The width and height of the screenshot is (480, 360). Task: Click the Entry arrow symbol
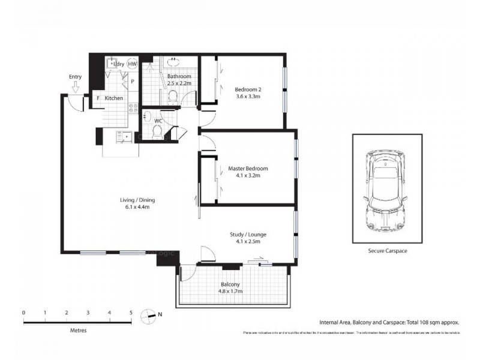click(76, 88)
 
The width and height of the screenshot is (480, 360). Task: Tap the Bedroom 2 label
click(248, 90)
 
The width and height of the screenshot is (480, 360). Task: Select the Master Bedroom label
click(248, 169)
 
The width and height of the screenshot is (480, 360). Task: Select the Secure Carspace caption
click(388, 251)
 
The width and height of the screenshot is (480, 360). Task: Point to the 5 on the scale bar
click(131, 313)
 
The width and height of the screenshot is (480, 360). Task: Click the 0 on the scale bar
click(23, 313)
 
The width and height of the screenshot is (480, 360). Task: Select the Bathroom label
click(179, 77)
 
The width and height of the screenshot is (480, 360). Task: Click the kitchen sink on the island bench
click(127, 136)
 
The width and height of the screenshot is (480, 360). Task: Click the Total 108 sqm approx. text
click(433, 322)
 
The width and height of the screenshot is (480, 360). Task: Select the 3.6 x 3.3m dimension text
click(248, 97)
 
